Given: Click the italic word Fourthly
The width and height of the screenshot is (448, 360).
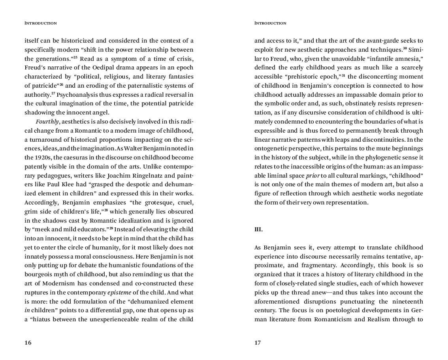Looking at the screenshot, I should pyautogui.click(x=47, y=122).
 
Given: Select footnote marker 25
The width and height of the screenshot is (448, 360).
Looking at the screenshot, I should pyautogui.click(x=75, y=58).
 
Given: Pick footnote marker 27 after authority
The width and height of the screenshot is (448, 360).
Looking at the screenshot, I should pyautogui.click(x=53, y=94).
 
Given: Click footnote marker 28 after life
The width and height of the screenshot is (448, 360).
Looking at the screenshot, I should pyautogui.click(x=106, y=210).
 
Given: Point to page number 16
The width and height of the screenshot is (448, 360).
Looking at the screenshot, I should pyautogui.click(x=28, y=343).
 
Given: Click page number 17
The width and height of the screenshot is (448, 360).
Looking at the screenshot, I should pyautogui.click(x=258, y=343).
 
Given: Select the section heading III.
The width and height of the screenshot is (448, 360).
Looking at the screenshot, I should pyautogui.click(x=258, y=229).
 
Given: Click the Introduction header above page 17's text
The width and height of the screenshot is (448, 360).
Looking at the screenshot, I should pyautogui.click(x=270, y=23).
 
